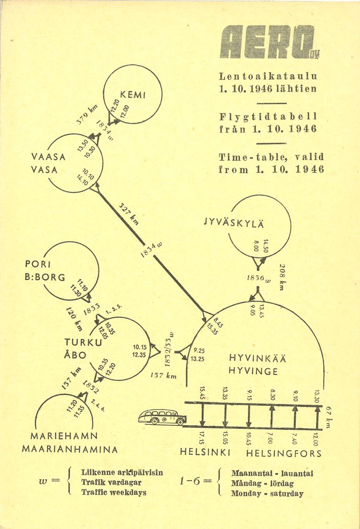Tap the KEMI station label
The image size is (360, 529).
coord(133,94)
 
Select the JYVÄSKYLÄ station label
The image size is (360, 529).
coord(234,223)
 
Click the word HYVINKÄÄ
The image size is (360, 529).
coord(257,358)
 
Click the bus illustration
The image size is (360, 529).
coord(162,417)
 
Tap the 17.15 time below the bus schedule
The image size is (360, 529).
coord(202,438)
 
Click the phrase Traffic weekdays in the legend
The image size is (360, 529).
coord(113,492)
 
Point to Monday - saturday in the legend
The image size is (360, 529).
coord(267,494)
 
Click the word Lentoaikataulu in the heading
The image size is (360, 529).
coord(268,76)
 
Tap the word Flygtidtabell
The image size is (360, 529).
coord(268,116)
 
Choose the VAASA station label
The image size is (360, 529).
coord(49,157)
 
